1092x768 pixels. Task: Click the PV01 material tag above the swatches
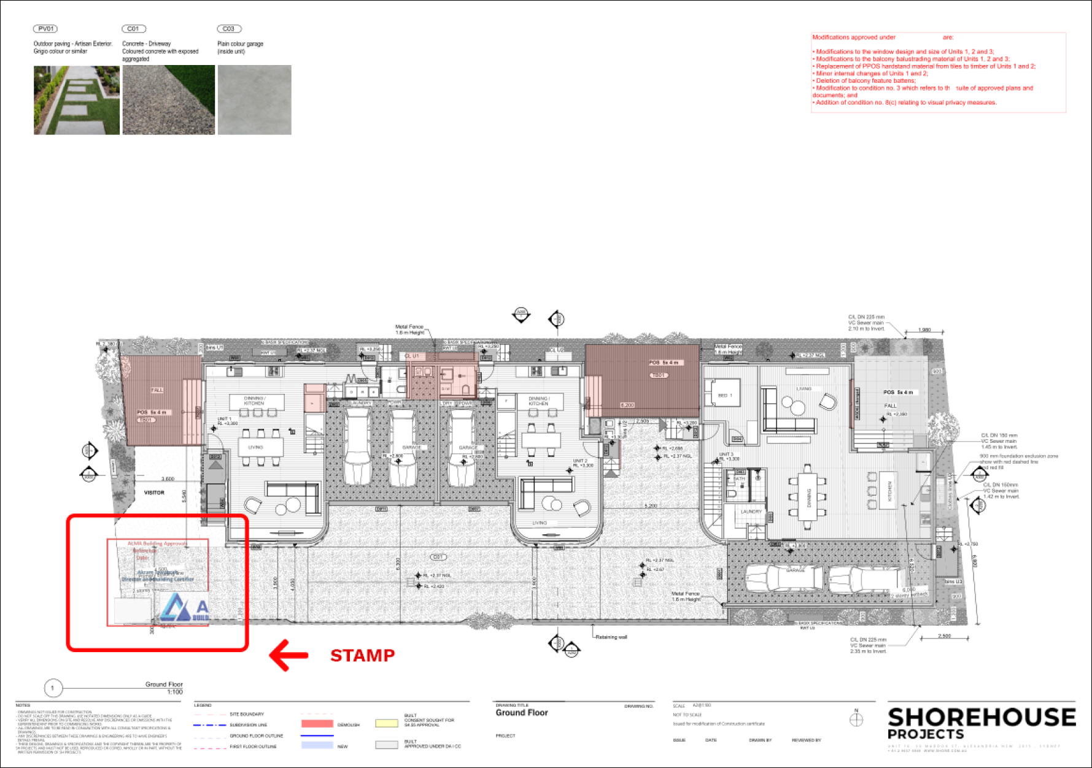pyautogui.click(x=46, y=29)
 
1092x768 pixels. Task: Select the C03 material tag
pyautogui.click(x=229, y=29)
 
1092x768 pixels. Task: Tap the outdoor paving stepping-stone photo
pyautogui.click(x=77, y=100)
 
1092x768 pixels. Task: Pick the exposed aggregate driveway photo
pyautogui.click(x=168, y=100)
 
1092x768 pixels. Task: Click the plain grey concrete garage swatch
pyautogui.click(x=254, y=100)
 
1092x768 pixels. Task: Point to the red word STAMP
pyautogui.click(x=362, y=656)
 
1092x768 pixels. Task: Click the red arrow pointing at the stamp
pyautogui.click(x=288, y=655)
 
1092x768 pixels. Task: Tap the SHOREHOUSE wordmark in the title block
pyautogui.click(x=981, y=717)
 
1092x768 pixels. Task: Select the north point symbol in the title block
pyautogui.click(x=857, y=719)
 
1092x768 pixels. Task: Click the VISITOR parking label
pyautogui.click(x=154, y=493)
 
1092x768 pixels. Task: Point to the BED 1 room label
pyautogui.click(x=725, y=396)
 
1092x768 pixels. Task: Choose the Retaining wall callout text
pyautogui.click(x=611, y=637)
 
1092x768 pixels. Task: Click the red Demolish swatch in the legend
pyautogui.click(x=317, y=724)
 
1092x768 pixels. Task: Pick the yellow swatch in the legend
pyautogui.click(x=387, y=723)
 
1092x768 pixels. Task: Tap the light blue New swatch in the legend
pyautogui.click(x=317, y=745)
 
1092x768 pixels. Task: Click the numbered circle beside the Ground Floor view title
pyautogui.click(x=53, y=688)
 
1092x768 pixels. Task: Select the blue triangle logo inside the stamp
pyautogui.click(x=177, y=607)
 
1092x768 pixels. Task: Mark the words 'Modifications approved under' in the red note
pyautogui.click(x=854, y=37)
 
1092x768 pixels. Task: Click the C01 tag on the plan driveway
pyautogui.click(x=437, y=557)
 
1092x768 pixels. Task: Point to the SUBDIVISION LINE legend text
pyautogui.click(x=248, y=725)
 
